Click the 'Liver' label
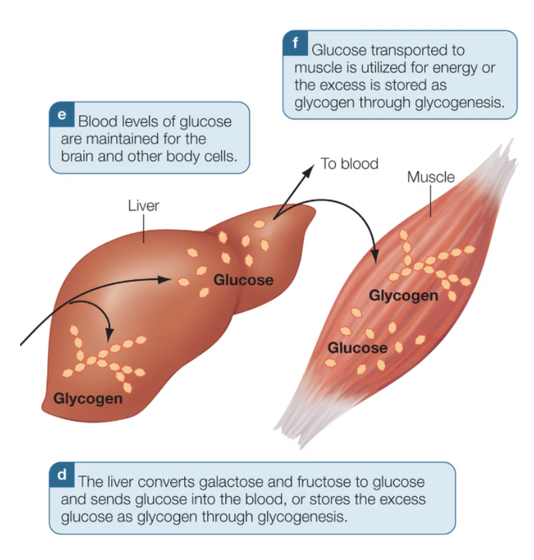pos(143,206)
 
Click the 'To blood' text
pos(349,164)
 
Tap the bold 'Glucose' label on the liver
pos(243,280)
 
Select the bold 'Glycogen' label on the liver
pos(88,399)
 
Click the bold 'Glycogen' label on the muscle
pos(403,296)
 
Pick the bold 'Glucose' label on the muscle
pos(357,347)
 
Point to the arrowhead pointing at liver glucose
pos(165,280)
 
